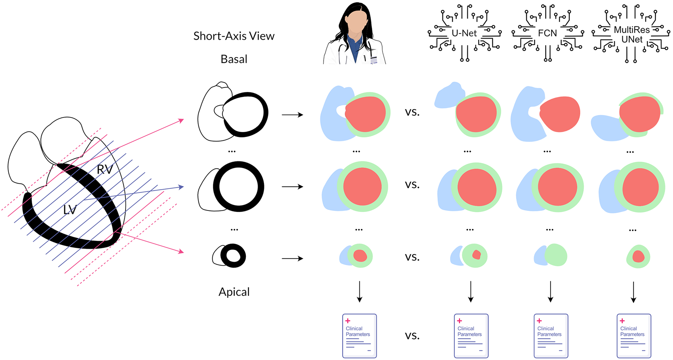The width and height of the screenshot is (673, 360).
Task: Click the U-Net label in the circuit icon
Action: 464,33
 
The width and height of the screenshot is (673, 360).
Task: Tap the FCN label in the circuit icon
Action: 547,33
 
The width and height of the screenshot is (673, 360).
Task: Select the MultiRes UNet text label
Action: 632,35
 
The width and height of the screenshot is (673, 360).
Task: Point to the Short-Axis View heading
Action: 234,36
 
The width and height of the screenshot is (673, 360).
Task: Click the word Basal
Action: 234,59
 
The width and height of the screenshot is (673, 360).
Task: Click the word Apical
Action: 234,292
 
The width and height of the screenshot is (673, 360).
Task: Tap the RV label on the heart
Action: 105,170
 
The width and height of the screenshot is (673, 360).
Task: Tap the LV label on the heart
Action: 70,210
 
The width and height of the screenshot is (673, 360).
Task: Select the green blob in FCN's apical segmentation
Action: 556,255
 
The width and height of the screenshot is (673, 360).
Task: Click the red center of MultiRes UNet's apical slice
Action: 638,257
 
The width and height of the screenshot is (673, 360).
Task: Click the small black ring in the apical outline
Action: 233,256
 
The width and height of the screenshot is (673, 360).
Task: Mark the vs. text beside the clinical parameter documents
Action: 412,336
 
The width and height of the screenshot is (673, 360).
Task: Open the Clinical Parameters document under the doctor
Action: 359,336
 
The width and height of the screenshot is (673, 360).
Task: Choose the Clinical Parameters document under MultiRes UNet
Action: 634,336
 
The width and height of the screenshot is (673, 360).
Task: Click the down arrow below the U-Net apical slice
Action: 471,291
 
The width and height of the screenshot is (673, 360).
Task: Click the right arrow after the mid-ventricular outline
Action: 292,187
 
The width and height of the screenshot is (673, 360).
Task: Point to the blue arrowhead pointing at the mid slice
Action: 181,187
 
